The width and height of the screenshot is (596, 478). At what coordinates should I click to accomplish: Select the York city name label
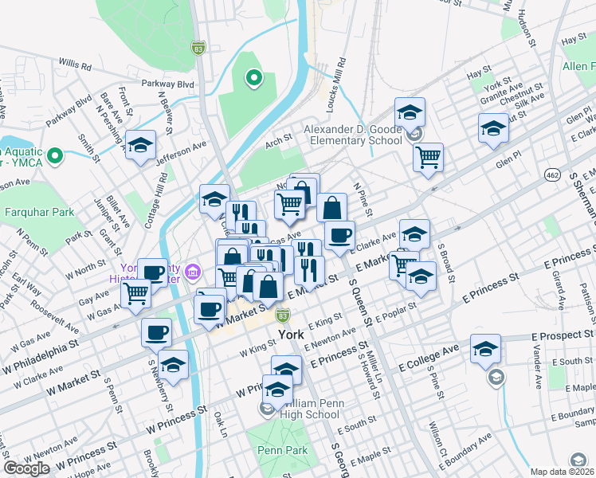coord(292,335)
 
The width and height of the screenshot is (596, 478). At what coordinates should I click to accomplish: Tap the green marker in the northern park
coord(253,77)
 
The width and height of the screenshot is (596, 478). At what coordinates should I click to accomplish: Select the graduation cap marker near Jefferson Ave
coord(140,145)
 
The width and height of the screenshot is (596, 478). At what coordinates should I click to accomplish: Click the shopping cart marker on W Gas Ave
coord(136,294)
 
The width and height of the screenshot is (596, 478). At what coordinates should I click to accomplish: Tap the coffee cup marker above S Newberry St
coord(156,331)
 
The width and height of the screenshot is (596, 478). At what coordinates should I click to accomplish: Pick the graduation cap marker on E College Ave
coord(485,349)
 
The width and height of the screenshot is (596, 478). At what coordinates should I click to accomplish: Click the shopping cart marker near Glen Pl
coord(428,156)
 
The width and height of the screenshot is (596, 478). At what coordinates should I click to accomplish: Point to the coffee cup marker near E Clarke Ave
coord(339,235)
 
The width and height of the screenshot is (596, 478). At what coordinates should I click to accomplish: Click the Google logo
coord(26,468)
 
